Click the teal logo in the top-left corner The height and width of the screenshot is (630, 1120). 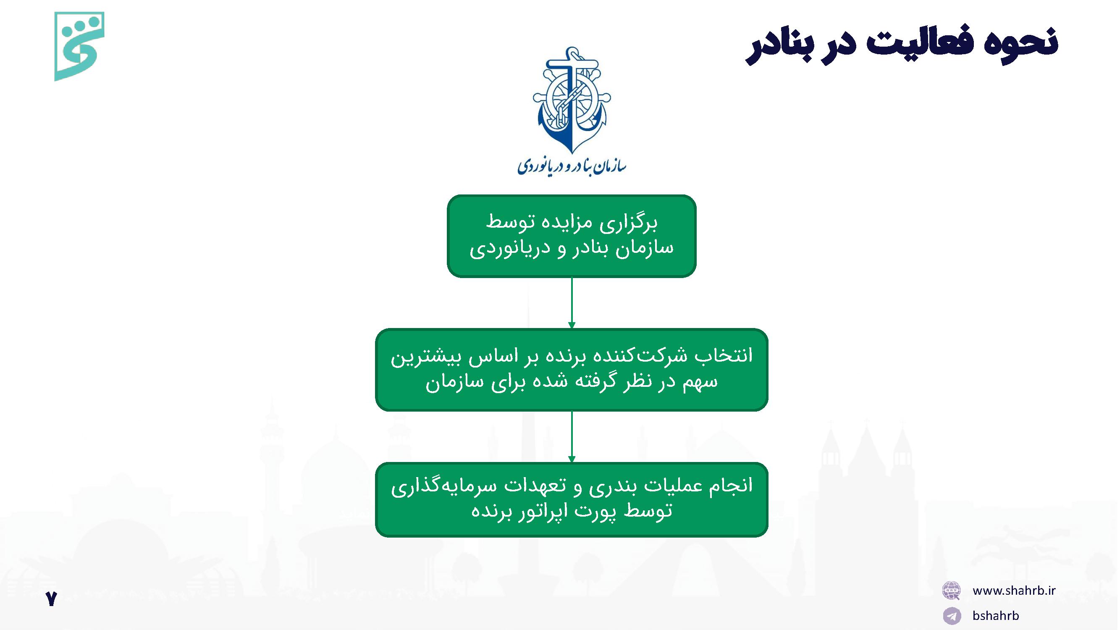(x=79, y=46)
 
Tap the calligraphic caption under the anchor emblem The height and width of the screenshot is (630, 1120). (x=571, y=165)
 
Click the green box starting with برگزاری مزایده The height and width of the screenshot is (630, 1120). (x=571, y=236)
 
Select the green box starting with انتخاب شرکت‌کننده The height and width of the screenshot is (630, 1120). (x=571, y=370)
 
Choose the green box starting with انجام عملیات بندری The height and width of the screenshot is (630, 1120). (x=571, y=499)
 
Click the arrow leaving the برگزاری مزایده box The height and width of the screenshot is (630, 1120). (x=571, y=303)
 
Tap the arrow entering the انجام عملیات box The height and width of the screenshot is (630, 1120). (x=571, y=437)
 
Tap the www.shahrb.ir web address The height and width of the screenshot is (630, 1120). (x=1014, y=590)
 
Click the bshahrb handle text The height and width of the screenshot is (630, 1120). (x=996, y=615)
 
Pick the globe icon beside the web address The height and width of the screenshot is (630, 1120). (x=951, y=591)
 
